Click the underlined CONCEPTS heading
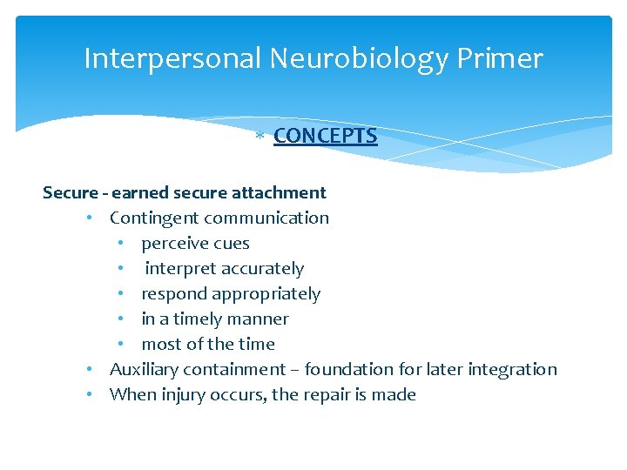pyautogui.click(x=325, y=136)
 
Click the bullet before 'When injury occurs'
pyautogui.click(x=91, y=394)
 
